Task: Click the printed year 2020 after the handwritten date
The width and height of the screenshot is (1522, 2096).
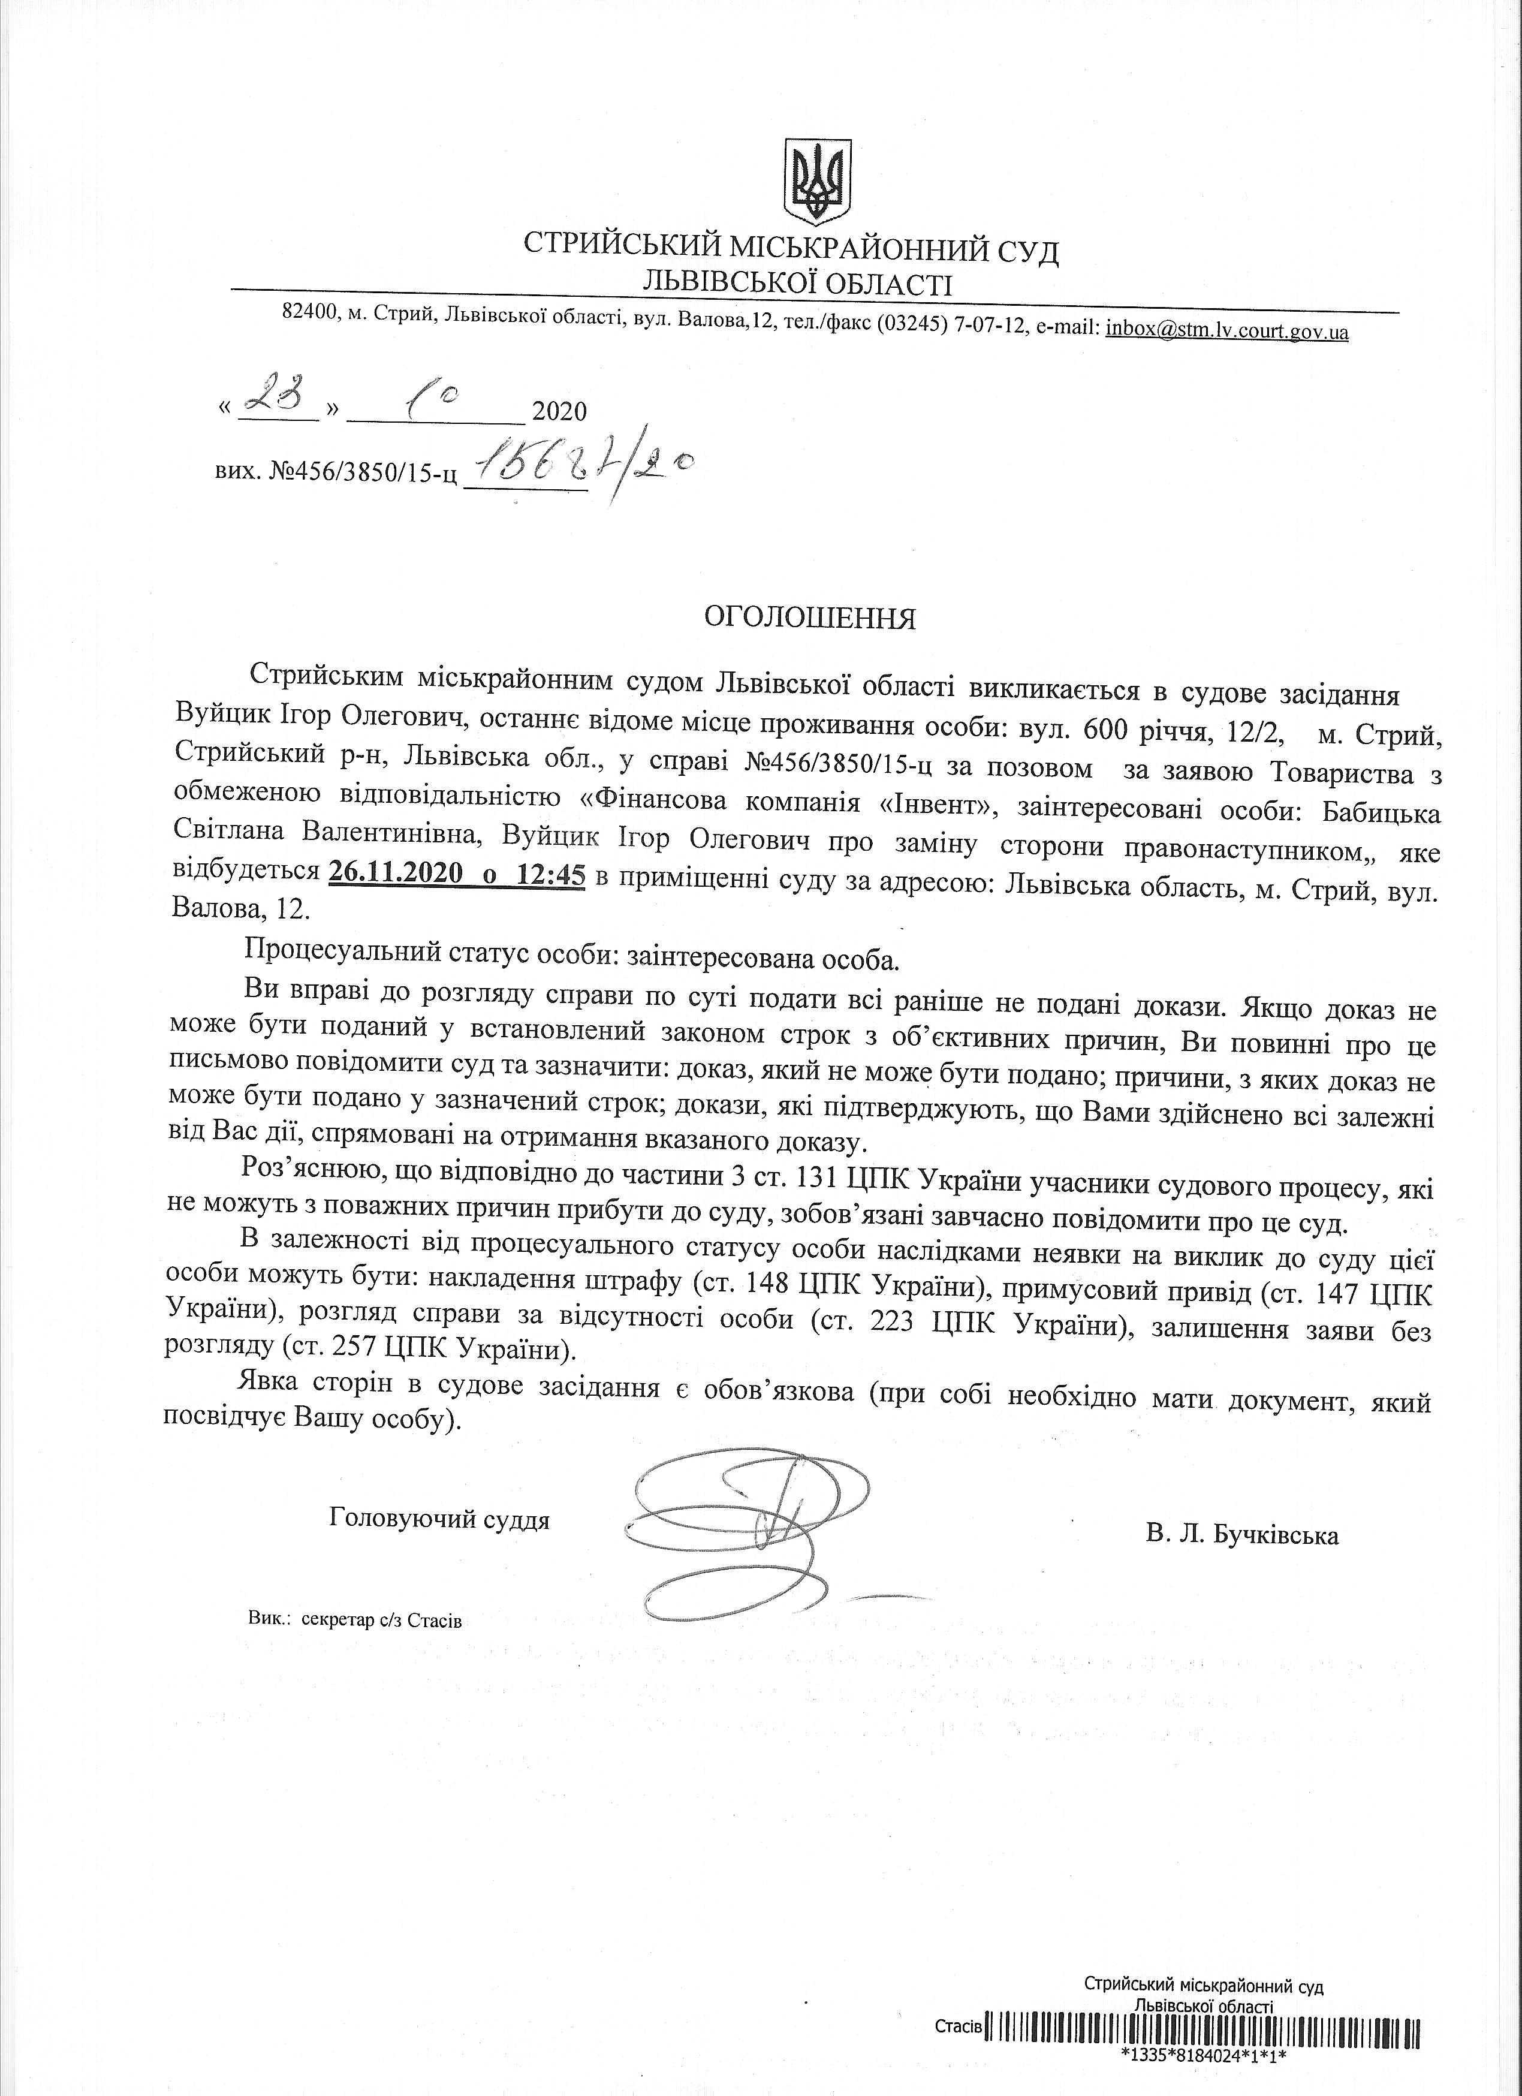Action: pos(559,410)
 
